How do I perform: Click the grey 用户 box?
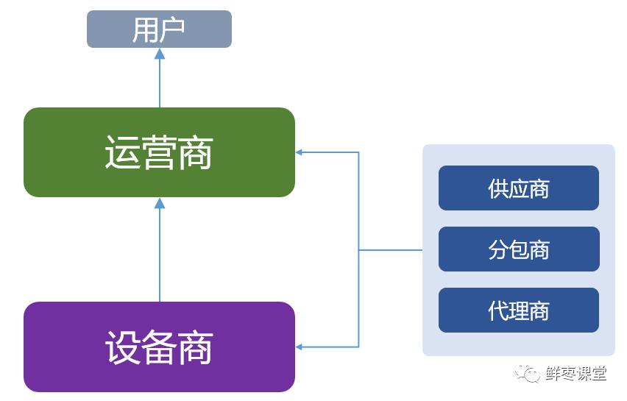tap(159, 29)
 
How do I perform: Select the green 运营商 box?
tap(159, 152)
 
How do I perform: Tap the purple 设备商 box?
tap(159, 347)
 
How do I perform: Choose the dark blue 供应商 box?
tap(518, 188)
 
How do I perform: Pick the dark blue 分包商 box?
tap(518, 249)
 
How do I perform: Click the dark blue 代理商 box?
tap(518, 310)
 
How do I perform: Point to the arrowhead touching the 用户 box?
tap(160, 54)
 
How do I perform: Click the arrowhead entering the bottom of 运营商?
tap(160, 203)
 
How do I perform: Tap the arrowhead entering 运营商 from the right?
tap(300, 152)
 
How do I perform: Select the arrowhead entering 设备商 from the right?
tap(300, 347)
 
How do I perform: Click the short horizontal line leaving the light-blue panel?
tap(390, 250)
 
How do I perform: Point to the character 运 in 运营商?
tap(122, 153)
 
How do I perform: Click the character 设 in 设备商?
tap(122, 347)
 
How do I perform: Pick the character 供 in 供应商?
tap(497, 189)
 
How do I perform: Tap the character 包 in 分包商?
tap(518, 250)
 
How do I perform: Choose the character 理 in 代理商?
tap(518, 310)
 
